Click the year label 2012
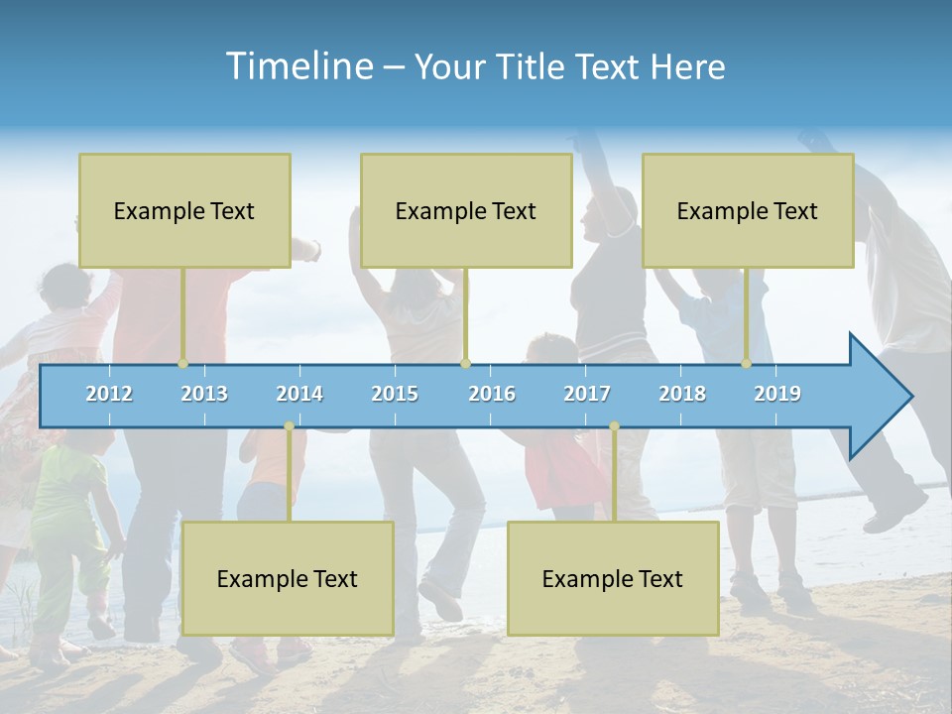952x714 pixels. pos(109,394)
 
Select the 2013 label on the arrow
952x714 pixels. pos(204,394)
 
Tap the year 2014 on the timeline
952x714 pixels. pos(299,394)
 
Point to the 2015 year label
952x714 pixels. pos(395,394)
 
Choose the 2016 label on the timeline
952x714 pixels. pos(492,394)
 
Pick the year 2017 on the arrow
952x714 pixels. pos(587,394)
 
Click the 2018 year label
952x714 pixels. pos(682,394)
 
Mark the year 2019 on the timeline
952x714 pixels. pos(777,394)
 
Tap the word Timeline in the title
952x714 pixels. pos(297,66)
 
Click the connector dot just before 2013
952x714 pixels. pos(182,364)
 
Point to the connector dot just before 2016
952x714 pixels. pos(465,364)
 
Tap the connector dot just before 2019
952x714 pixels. pos(747,364)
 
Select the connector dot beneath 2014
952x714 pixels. pos(289,426)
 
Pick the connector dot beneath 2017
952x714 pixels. pos(614,426)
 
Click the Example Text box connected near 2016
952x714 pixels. pos(466,210)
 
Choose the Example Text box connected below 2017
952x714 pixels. pos(613,578)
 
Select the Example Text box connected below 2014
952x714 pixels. pos(288,578)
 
